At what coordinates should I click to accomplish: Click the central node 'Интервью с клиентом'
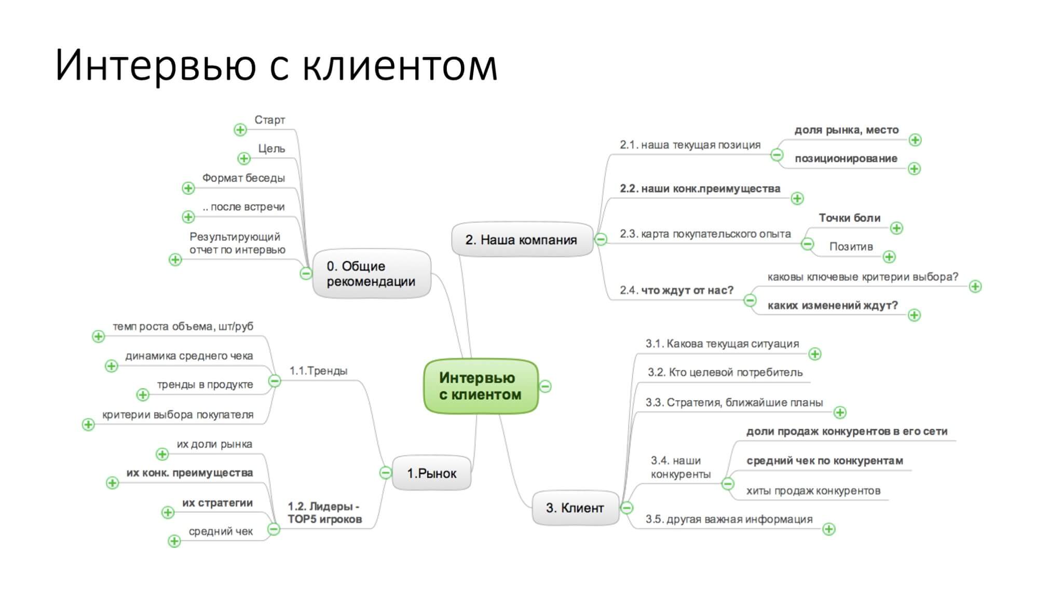coord(481,386)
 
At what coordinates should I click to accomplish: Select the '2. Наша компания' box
coord(522,240)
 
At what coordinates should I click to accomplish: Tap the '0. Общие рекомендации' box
coord(372,274)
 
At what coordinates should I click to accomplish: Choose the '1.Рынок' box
coord(431,473)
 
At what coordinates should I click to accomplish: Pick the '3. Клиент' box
coord(575,508)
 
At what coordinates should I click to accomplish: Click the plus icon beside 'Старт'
coord(240,130)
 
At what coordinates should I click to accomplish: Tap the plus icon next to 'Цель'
coord(243,158)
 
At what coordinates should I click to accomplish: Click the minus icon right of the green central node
coord(545,386)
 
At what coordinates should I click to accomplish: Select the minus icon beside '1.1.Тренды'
coord(274,381)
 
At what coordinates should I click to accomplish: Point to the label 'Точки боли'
coord(850,218)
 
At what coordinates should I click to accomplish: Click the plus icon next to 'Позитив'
coord(889,256)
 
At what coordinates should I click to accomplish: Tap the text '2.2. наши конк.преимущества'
coord(700,188)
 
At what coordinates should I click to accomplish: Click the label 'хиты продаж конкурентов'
coord(813,491)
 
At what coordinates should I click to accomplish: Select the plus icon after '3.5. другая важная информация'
coord(829,529)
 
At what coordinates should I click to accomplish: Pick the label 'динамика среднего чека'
coord(189,356)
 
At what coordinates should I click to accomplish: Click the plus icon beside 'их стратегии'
coord(168,512)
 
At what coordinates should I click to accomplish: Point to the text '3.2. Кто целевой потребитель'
coord(725,372)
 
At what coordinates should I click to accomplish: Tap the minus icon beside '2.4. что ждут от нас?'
coord(750,300)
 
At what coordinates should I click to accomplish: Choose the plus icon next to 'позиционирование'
coord(914,169)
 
